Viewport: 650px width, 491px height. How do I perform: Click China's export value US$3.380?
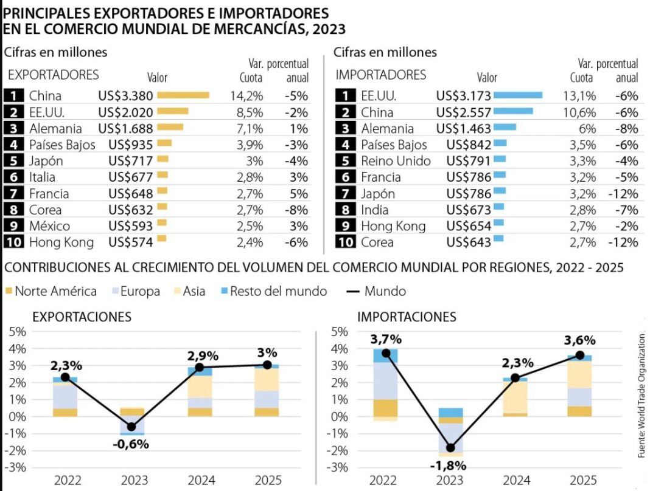click(x=125, y=95)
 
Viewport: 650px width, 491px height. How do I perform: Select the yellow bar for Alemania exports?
click(x=170, y=127)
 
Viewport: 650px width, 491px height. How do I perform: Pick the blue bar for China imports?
click(x=513, y=111)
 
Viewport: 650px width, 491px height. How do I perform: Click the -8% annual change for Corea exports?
click(x=296, y=210)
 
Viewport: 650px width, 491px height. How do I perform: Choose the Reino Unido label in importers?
click(x=396, y=161)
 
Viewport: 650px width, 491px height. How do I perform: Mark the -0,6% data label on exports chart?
click(x=131, y=444)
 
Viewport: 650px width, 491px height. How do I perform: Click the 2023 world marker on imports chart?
click(x=451, y=448)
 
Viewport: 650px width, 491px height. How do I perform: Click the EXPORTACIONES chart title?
click(x=82, y=317)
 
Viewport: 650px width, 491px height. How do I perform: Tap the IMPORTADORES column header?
click(x=381, y=75)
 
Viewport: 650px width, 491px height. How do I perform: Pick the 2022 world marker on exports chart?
click(x=65, y=377)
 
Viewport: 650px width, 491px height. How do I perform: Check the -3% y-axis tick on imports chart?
click(x=340, y=468)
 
